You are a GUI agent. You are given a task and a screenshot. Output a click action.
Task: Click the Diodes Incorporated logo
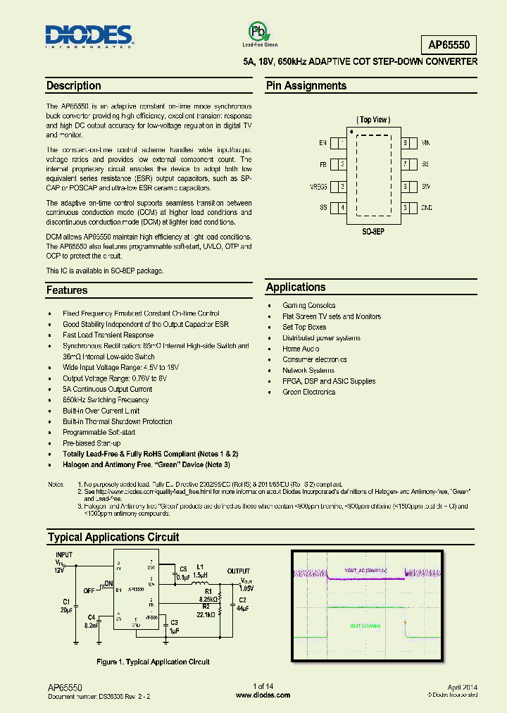[89, 36]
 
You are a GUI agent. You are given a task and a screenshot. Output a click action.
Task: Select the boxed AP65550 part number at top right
[452, 45]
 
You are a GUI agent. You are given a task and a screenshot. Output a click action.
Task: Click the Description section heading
[74, 86]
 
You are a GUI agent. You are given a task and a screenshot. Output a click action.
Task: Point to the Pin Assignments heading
[306, 86]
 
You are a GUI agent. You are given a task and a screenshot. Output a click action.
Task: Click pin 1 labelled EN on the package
[323, 143]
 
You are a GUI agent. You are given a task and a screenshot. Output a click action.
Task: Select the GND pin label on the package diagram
[427, 209]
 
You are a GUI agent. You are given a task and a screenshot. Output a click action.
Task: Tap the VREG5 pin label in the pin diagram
[318, 187]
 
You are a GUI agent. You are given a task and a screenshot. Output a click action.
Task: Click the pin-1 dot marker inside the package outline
[350, 132]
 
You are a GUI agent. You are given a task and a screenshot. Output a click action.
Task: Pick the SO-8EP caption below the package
[373, 230]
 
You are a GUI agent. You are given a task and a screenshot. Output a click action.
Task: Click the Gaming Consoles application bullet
[308, 306]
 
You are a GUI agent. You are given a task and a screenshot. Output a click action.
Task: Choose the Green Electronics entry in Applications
[308, 392]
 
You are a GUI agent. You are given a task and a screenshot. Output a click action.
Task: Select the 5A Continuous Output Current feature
[107, 389]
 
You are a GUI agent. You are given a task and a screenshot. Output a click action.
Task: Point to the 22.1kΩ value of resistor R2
[206, 615]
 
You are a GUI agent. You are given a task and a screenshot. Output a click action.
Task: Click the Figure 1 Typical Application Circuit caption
[153, 662]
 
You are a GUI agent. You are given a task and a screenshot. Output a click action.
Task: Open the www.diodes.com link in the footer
[263, 695]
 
